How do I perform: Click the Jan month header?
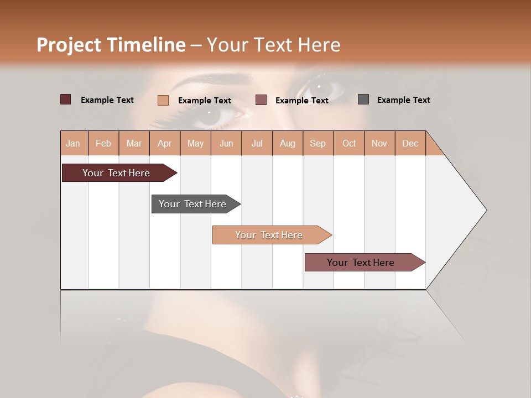click(x=73, y=143)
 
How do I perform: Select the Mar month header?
click(x=134, y=143)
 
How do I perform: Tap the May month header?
click(x=195, y=143)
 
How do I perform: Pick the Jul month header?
click(x=257, y=143)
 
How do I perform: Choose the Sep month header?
click(x=317, y=143)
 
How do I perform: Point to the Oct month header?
click(x=349, y=143)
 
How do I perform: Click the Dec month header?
click(x=410, y=143)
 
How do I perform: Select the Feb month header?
click(x=103, y=143)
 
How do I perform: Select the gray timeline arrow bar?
click(x=192, y=204)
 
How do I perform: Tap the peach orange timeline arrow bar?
click(x=269, y=235)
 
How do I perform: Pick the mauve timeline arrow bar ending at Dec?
click(x=361, y=263)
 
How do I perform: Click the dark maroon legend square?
click(x=65, y=99)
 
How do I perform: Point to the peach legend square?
click(x=163, y=100)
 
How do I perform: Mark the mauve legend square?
click(x=261, y=99)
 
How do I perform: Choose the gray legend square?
click(x=363, y=99)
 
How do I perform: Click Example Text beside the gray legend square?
click(x=403, y=100)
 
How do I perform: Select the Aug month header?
click(x=287, y=143)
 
